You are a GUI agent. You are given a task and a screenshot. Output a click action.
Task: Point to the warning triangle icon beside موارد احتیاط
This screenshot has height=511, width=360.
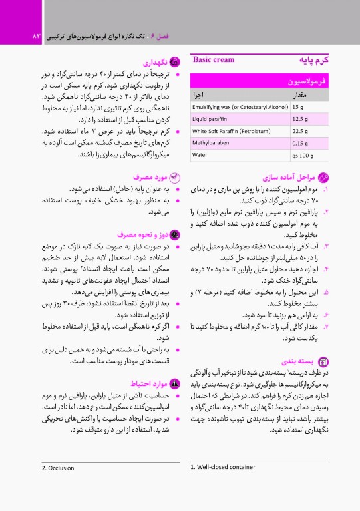click(175, 384)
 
